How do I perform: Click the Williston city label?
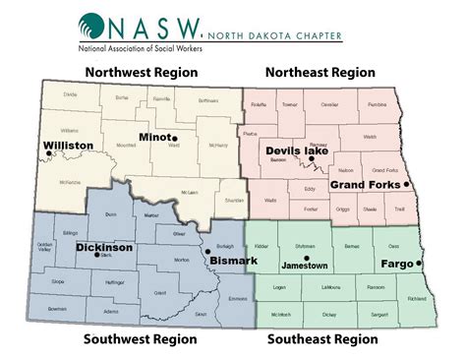[68, 145]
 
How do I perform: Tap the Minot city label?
[155, 137]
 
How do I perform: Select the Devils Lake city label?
[297, 150]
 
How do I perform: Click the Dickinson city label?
[103, 248]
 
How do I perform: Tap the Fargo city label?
[396, 264]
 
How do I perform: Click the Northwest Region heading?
[142, 72]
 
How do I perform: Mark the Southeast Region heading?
[321, 339]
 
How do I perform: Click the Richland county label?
[416, 296]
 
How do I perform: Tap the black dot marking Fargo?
[419, 264]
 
